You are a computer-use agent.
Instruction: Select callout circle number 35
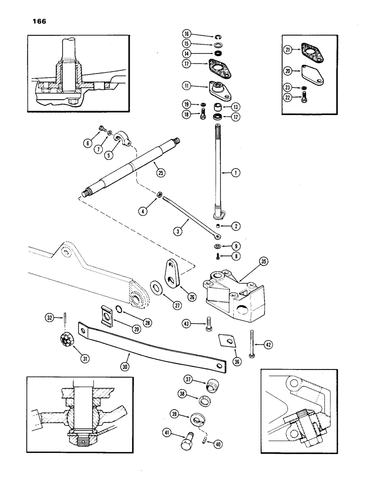coord(263,262)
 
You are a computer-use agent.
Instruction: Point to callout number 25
coord(157,168)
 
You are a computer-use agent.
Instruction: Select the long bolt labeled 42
coord(252,343)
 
